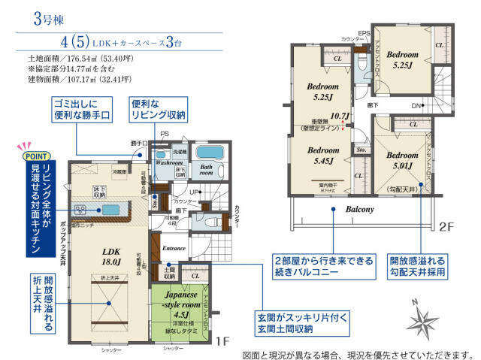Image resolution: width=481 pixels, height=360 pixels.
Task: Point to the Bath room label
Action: click(207, 168)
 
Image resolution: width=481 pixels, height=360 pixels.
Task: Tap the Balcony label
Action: click(361, 210)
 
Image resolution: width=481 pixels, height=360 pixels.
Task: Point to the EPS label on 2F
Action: click(364, 32)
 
